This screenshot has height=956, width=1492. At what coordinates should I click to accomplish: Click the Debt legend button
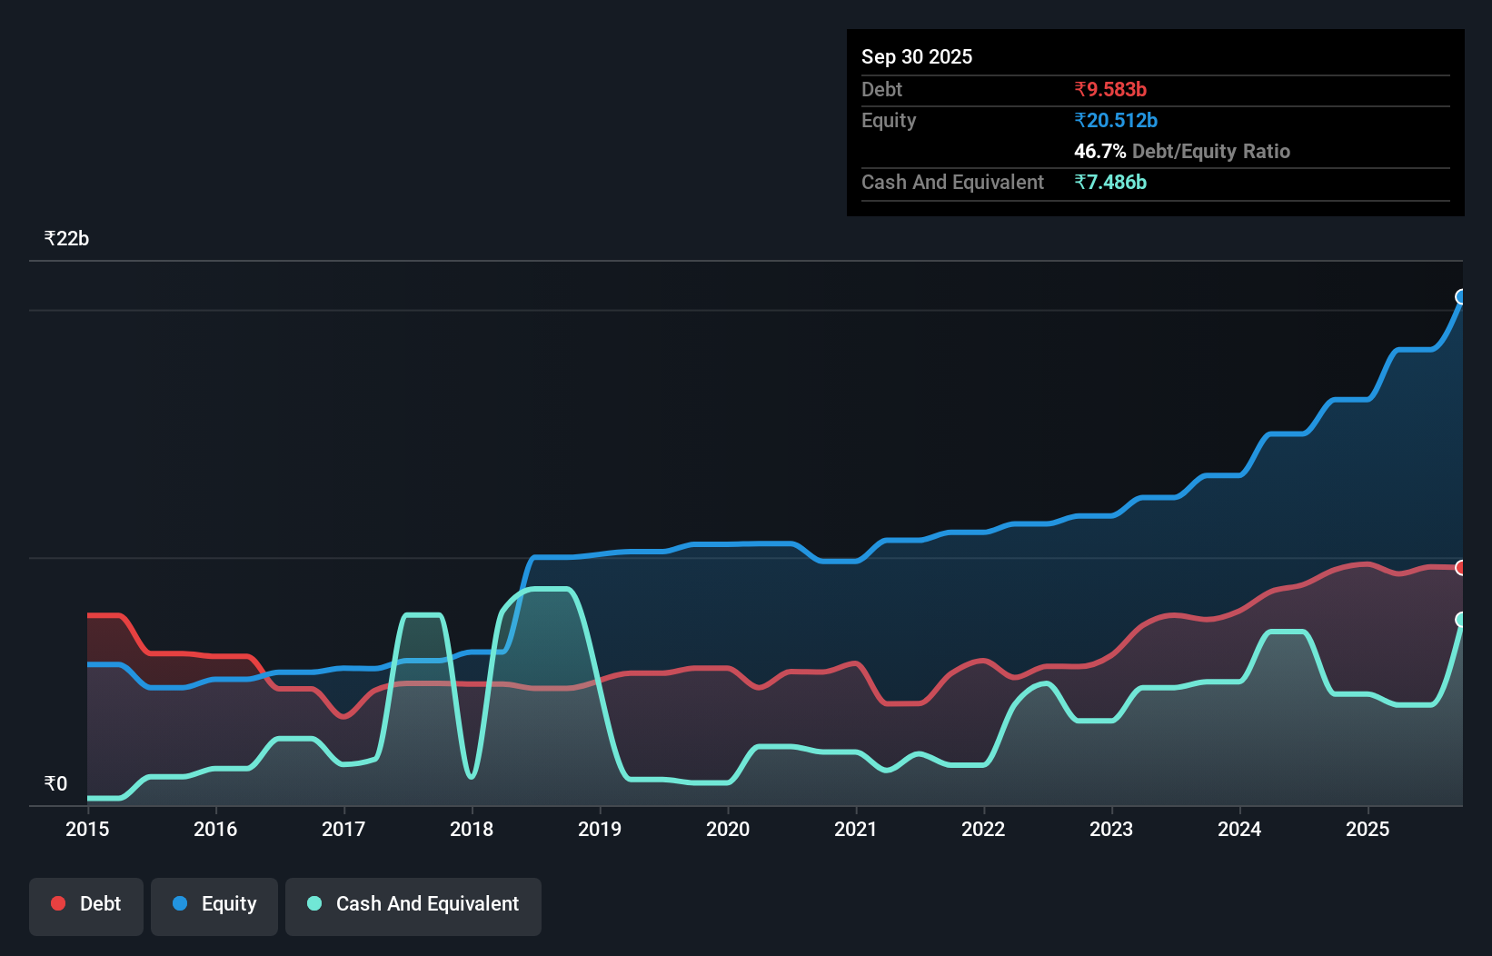tap(86, 904)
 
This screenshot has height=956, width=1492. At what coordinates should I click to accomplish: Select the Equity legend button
tap(214, 904)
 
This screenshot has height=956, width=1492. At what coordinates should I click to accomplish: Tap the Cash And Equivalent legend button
tap(413, 904)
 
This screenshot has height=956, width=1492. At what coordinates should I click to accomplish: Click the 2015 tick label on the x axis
tap(87, 829)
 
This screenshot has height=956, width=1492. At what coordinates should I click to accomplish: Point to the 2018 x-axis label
tap(472, 829)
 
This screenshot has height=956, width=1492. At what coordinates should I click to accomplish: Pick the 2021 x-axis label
tap(856, 829)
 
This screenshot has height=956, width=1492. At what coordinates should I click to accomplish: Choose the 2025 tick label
tap(1368, 829)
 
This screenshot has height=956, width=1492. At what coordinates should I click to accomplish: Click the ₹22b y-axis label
tap(66, 238)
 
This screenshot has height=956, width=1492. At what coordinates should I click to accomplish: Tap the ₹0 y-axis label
tap(55, 783)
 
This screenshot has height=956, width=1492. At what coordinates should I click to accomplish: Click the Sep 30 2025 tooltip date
tap(916, 56)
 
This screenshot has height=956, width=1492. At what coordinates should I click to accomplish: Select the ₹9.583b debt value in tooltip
tap(1109, 89)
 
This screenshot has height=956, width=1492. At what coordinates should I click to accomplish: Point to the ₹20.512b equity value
tap(1115, 120)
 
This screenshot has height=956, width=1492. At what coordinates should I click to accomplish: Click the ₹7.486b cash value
tap(1109, 182)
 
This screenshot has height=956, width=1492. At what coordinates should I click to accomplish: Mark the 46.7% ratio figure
tap(1099, 151)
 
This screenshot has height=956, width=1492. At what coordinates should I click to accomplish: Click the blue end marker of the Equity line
tap(1461, 297)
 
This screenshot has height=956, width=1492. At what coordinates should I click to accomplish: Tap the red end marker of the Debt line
tap(1461, 568)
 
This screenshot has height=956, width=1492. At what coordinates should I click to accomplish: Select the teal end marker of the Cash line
tap(1461, 620)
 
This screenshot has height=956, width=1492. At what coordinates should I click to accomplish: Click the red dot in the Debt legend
tap(58, 903)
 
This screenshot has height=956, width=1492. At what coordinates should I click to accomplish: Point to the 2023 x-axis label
tap(1111, 829)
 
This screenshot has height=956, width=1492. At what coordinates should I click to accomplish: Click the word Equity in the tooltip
tap(888, 120)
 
